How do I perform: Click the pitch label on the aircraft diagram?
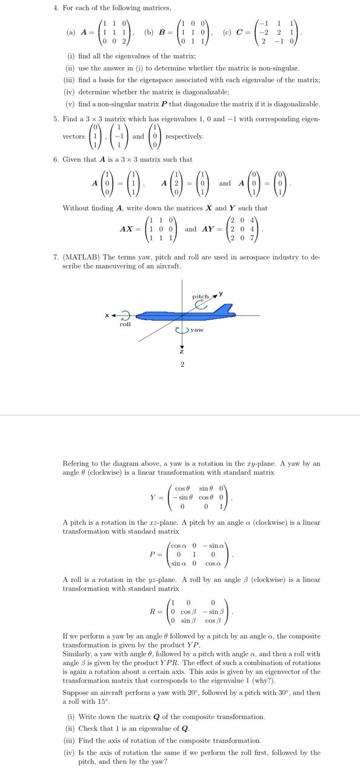click(x=200, y=296)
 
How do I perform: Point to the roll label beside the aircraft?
click(x=125, y=324)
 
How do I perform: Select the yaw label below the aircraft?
click(x=196, y=330)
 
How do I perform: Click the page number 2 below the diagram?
click(x=180, y=365)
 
